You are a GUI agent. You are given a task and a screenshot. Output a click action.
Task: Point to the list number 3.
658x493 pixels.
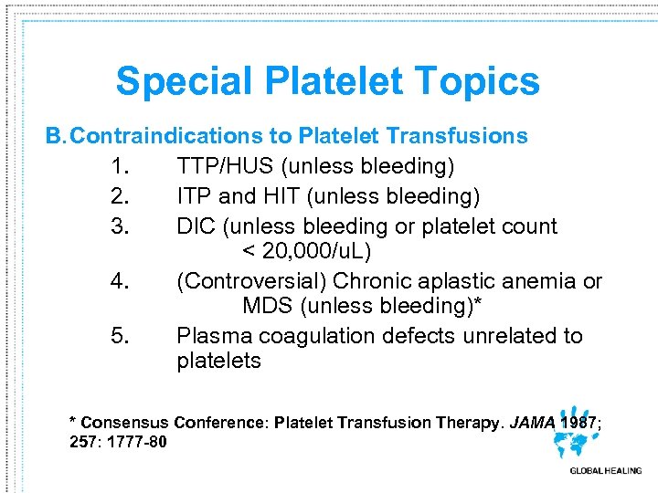click(x=120, y=226)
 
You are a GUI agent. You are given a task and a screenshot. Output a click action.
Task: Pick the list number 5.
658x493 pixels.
click(x=120, y=336)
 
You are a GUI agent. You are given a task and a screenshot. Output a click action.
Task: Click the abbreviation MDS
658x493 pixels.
click(x=267, y=306)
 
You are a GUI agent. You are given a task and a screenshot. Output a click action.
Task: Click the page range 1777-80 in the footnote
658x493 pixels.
click(x=138, y=443)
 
